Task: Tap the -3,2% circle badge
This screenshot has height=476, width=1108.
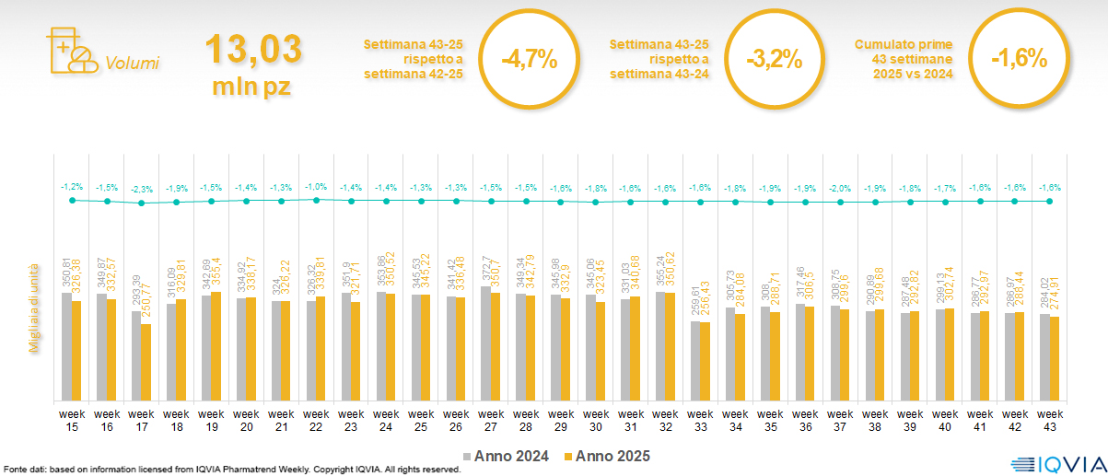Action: click(774, 60)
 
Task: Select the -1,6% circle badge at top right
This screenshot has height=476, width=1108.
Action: click(1019, 60)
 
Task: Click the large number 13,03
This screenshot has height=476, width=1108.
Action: click(252, 50)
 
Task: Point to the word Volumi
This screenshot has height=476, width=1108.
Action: click(132, 64)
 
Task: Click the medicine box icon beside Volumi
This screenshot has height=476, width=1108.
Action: click(70, 52)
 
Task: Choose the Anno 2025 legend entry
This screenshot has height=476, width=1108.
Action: click(607, 456)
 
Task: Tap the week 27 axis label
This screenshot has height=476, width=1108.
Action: click(491, 420)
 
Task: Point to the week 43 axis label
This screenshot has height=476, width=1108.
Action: click(1050, 420)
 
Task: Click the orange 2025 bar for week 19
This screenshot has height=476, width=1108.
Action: click(216, 345)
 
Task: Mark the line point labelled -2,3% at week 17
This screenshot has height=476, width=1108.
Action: click(141, 203)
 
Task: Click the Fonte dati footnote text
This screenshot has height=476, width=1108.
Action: click(230, 470)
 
